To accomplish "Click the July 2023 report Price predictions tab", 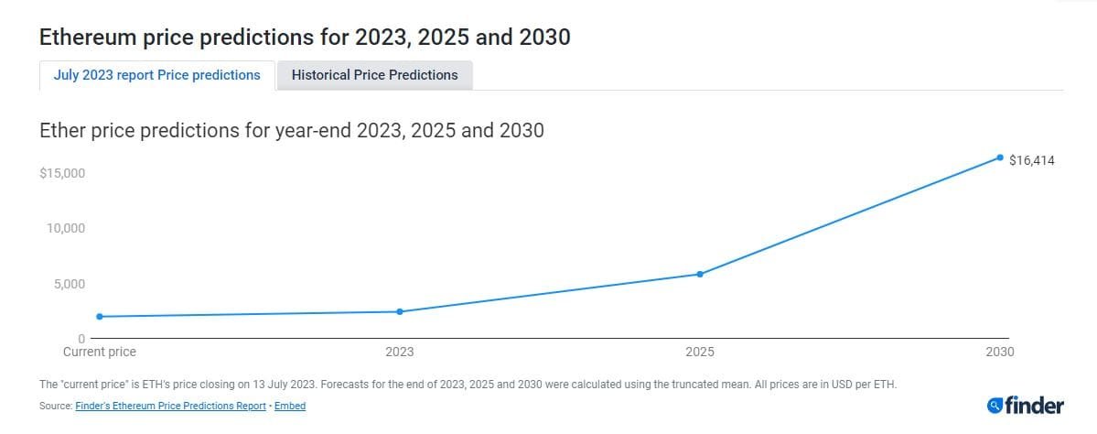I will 156,75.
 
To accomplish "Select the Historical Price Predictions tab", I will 374,75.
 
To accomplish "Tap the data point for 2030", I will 1000,157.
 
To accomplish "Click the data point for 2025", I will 700,274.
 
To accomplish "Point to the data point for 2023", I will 400,311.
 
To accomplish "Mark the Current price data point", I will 99,317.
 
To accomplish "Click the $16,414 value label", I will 1032,160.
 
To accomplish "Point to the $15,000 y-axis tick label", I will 62,173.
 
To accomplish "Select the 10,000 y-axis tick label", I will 66,228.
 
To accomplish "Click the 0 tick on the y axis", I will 81,339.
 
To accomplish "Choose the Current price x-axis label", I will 99,352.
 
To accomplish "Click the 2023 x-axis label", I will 400,352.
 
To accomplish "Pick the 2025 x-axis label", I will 700,352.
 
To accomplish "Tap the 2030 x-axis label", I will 1000,352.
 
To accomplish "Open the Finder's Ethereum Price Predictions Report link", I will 170,406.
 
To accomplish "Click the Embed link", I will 290,406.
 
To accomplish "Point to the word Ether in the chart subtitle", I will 62,130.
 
